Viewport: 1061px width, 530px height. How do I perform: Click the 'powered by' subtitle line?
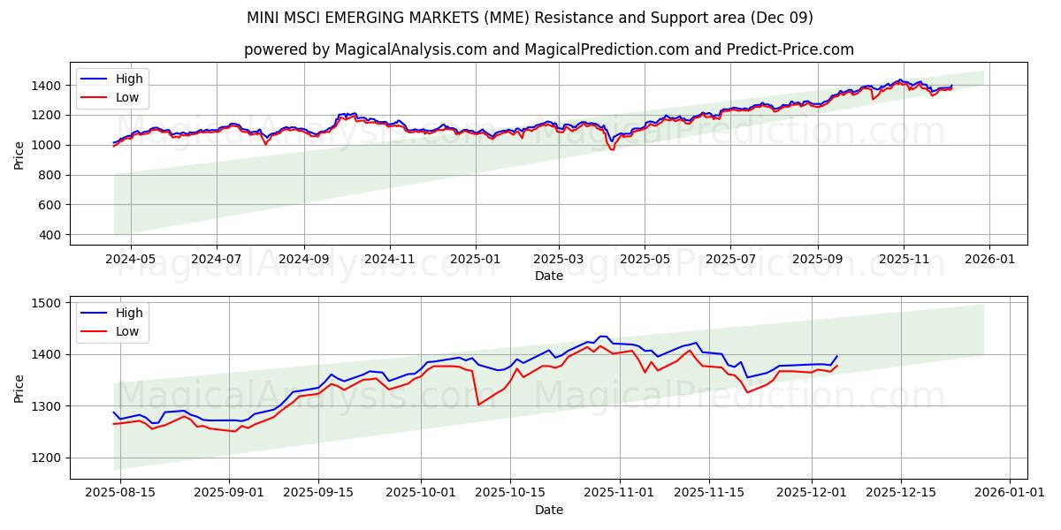(x=548, y=49)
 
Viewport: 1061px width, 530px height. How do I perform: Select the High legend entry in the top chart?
(x=129, y=79)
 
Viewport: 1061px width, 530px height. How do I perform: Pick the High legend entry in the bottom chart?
(x=129, y=313)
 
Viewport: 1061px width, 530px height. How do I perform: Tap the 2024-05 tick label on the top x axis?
(x=131, y=260)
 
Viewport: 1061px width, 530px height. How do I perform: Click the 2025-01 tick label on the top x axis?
(x=476, y=260)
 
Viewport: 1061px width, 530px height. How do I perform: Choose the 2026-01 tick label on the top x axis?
(x=988, y=260)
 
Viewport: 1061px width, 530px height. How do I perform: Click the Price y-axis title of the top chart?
(x=19, y=154)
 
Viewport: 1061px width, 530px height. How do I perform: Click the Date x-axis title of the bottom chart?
(x=548, y=510)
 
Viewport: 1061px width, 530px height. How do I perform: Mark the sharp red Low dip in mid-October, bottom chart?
(x=478, y=405)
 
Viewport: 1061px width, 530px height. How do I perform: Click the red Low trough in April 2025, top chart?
(x=612, y=149)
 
